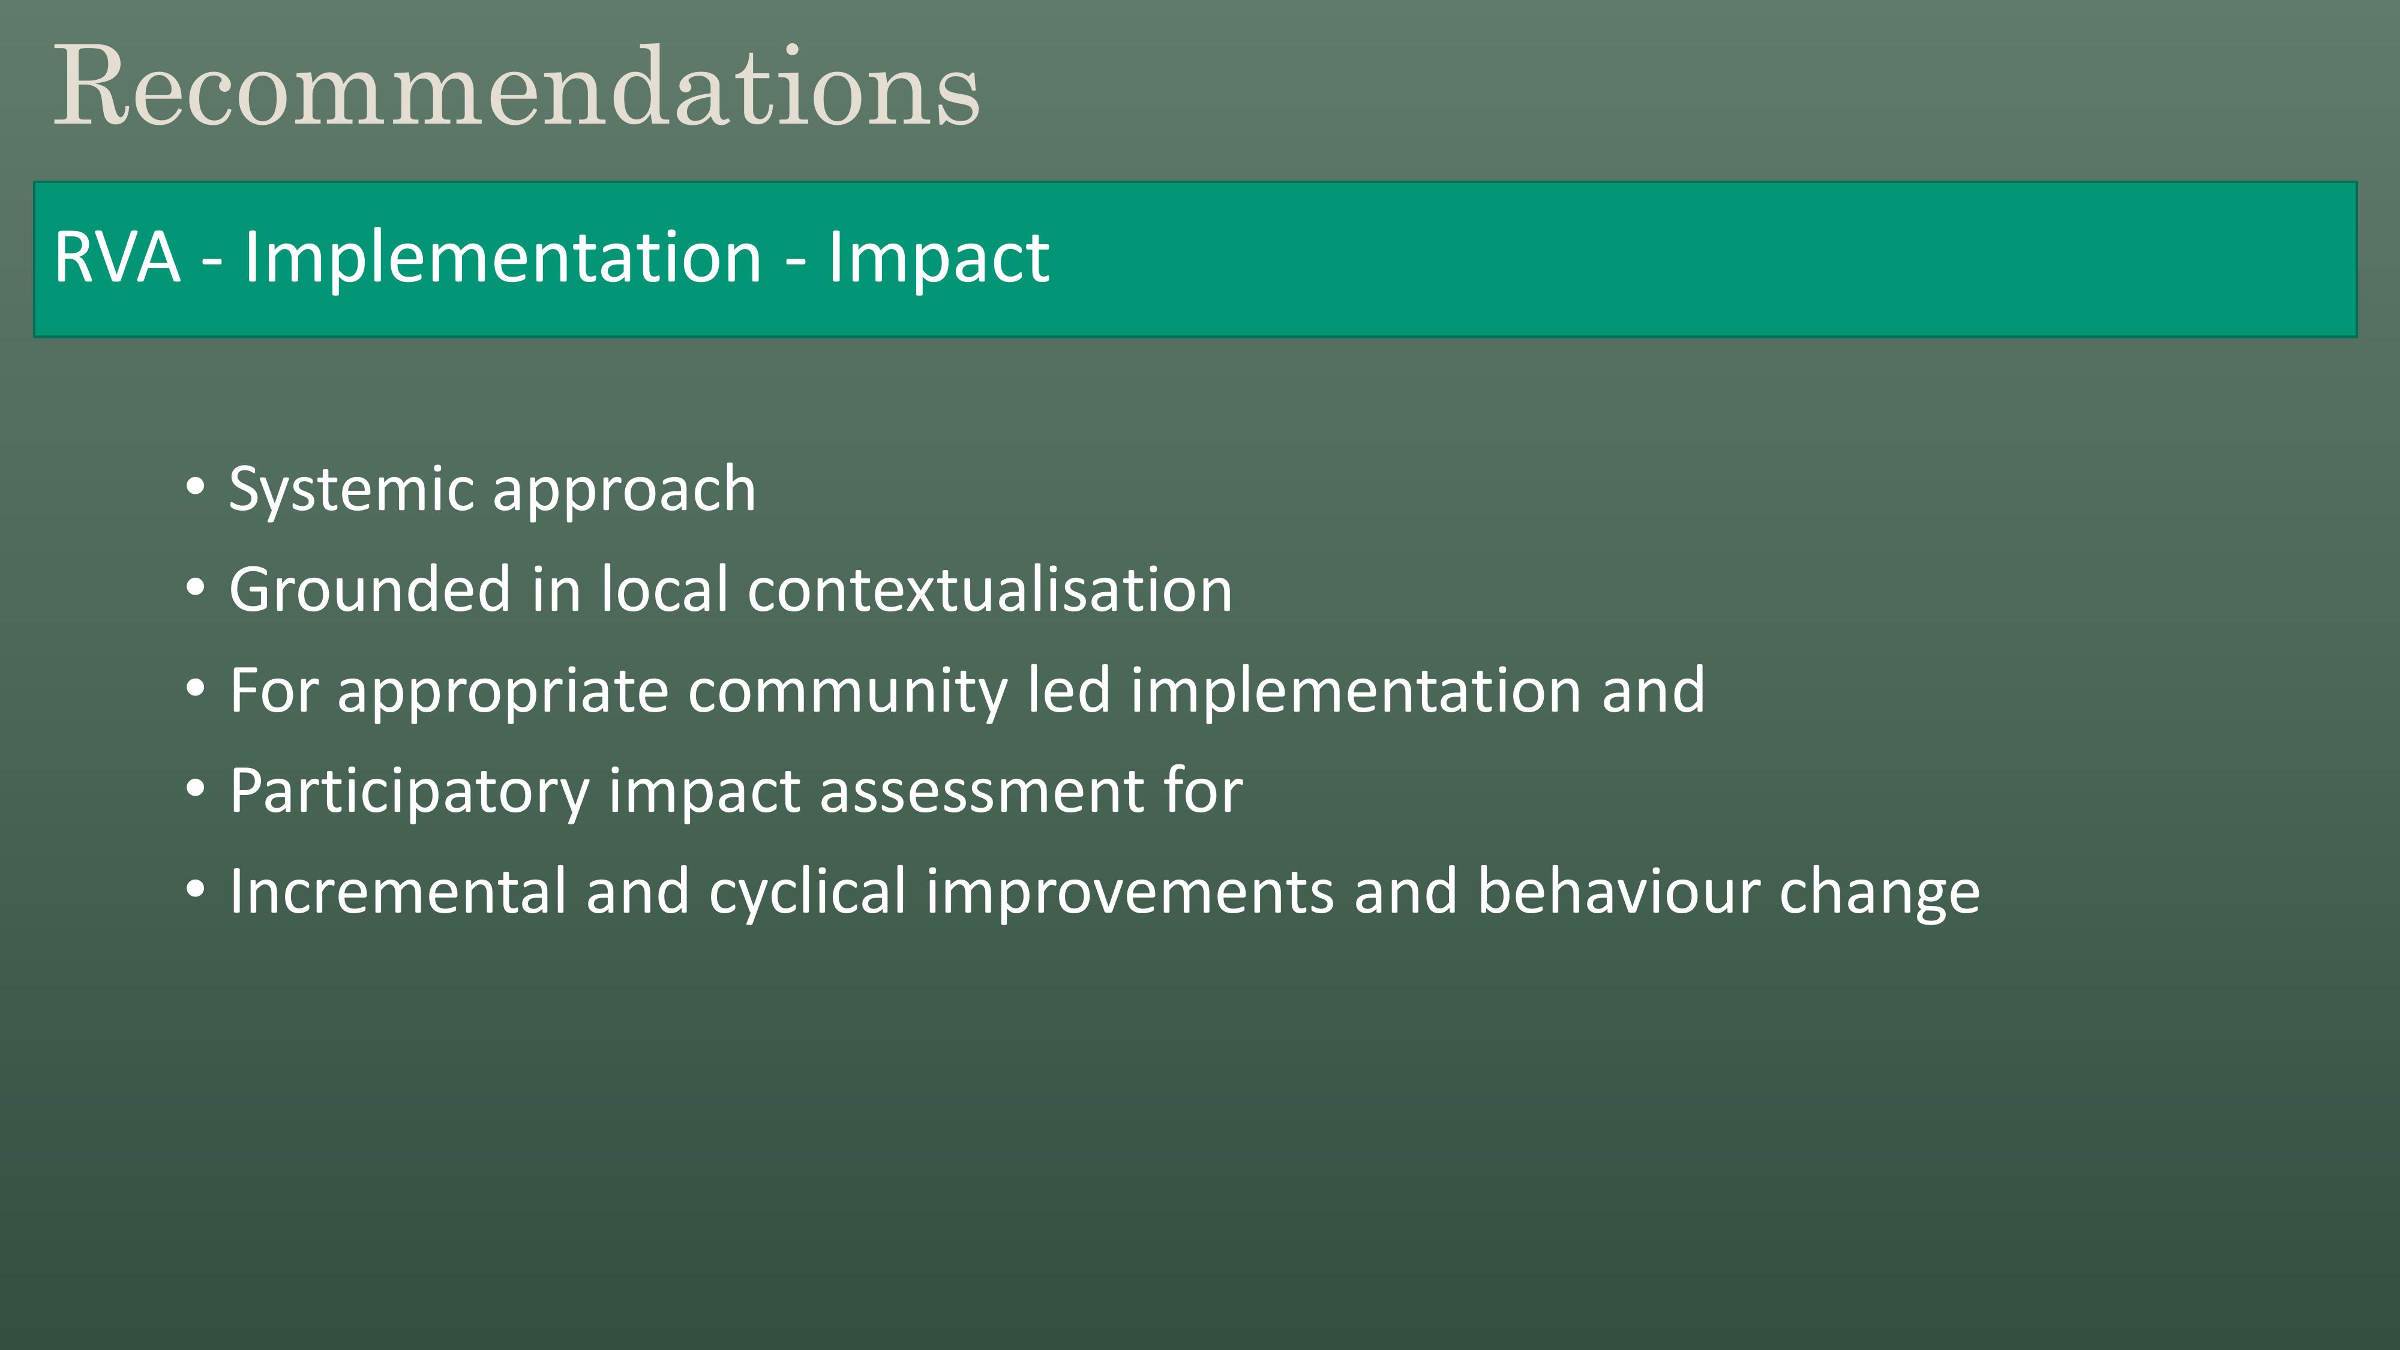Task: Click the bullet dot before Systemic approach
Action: [195, 487]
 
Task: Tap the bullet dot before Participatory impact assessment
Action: [195, 788]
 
